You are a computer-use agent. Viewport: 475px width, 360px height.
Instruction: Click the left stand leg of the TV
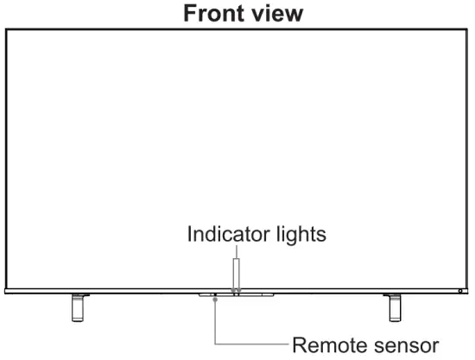coord(78,306)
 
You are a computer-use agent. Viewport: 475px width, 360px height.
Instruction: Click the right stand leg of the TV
coord(393,306)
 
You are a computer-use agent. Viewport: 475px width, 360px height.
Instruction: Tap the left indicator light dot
coord(231,290)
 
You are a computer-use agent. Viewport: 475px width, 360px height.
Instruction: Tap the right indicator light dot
coord(238,290)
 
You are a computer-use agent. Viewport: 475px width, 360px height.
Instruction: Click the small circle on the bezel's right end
coord(460,291)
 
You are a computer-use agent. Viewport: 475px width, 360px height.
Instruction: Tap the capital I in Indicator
coord(189,235)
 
